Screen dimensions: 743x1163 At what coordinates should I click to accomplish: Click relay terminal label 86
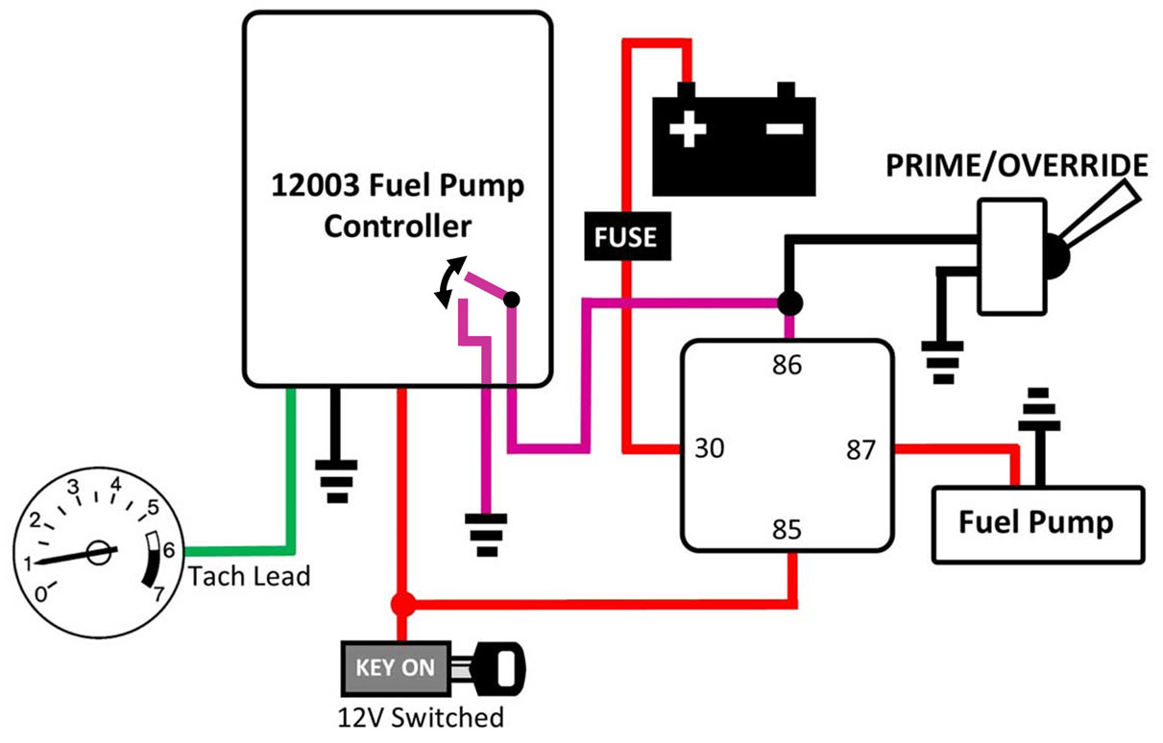(787, 366)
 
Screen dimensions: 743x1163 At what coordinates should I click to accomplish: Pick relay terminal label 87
(861, 448)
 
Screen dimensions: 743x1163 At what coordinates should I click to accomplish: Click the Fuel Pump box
(1038, 523)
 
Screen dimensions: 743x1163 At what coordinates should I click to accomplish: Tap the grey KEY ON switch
(396, 668)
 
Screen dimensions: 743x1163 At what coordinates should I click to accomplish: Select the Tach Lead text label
(250, 578)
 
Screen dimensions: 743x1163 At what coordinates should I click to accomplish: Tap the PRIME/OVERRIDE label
(1016, 166)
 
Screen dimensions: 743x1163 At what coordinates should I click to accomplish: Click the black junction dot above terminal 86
(789, 304)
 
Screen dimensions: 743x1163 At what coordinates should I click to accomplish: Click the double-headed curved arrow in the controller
(447, 282)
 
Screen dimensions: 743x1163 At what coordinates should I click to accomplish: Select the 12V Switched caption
(421, 717)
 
